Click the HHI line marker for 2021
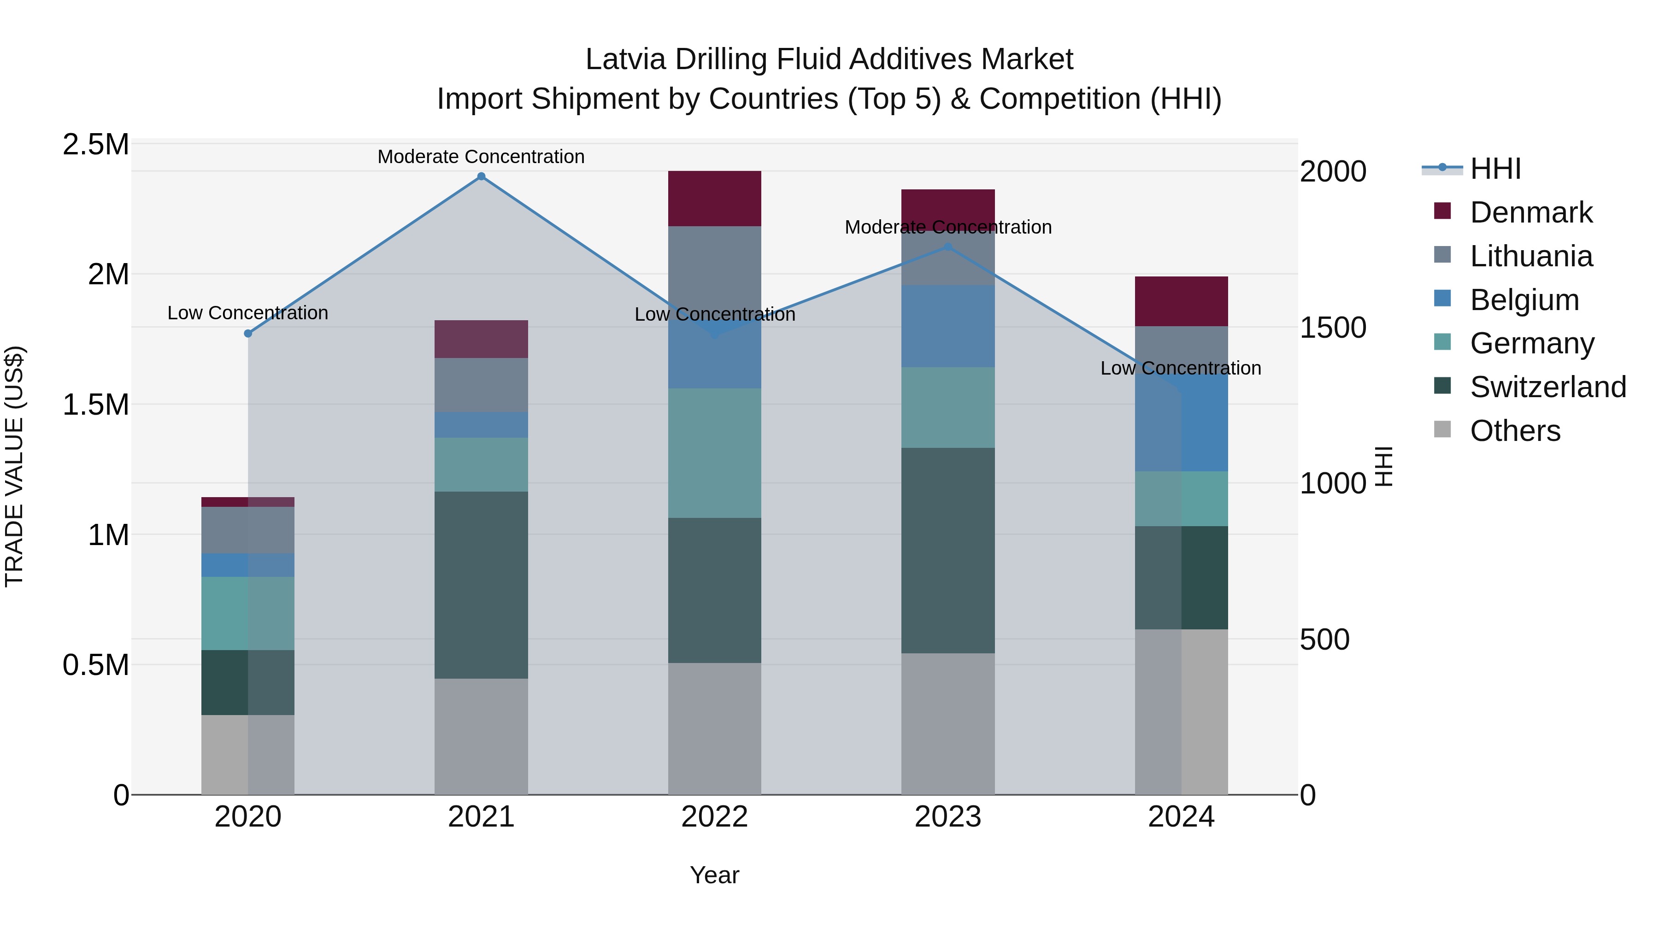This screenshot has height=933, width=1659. pos(481,176)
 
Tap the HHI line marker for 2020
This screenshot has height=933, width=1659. pos(248,333)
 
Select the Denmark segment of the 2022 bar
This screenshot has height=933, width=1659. pos(714,198)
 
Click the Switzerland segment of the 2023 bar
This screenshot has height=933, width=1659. pos(947,551)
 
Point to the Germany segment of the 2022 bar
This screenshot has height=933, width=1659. pos(714,452)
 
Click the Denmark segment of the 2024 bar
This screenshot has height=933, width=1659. pos(1181,301)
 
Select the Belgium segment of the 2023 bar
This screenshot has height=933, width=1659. pos(947,327)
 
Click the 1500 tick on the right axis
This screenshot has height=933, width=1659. pos(1332,328)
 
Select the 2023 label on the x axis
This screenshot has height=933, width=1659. pos(947,817)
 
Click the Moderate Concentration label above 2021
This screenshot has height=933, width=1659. pos(481,157)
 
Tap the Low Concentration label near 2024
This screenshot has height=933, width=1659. pos(1181,368)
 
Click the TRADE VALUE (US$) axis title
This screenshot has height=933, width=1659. pos(14,466)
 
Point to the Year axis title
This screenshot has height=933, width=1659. pos(714,875)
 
